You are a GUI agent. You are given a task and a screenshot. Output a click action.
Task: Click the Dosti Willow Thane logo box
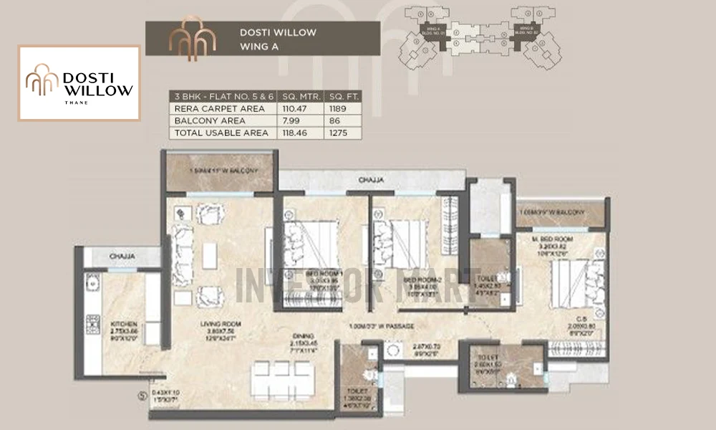pyautogui.click(x=79, y=83)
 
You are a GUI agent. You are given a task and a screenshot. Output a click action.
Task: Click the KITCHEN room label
pyautogui.click(x=123, y=324)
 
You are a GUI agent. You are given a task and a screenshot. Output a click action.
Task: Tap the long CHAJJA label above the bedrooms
pyautogui.click(x=372, y=181)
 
